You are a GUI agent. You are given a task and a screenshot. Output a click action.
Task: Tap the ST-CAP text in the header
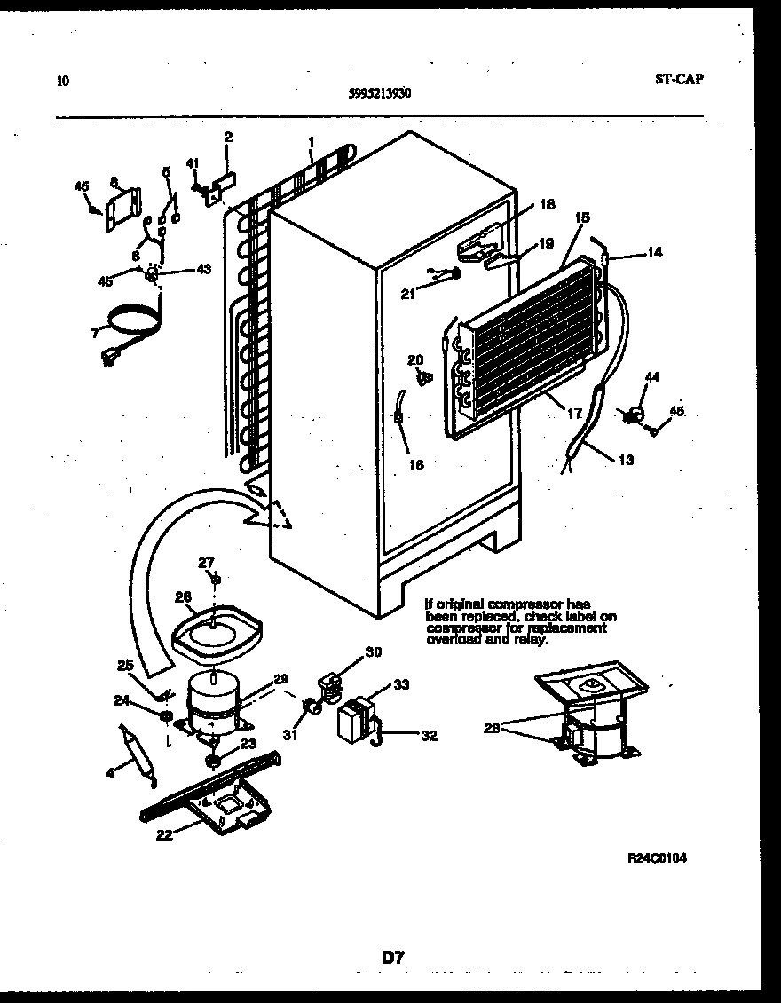tap(679, 79)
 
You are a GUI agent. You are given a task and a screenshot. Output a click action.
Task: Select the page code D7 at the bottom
tap(394, 957)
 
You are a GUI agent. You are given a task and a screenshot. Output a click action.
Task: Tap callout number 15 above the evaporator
tap(582, 217)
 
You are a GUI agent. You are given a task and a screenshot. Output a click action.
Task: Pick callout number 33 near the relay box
tap(402, 684)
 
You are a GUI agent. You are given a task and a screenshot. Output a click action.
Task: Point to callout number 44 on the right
tap(652, 378)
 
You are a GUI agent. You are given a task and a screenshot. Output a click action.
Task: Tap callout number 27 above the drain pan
tap(206, 561)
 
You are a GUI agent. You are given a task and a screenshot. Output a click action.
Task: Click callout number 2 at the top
tap(228, 138)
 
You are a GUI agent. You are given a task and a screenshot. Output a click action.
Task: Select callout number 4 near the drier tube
tap(110, 772)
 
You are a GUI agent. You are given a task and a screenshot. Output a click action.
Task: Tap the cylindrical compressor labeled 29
tap(215, 693)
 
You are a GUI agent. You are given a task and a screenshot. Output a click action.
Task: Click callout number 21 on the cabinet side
tap(407, 295)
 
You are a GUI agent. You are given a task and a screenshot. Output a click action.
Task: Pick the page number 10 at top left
tap(62, 81)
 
